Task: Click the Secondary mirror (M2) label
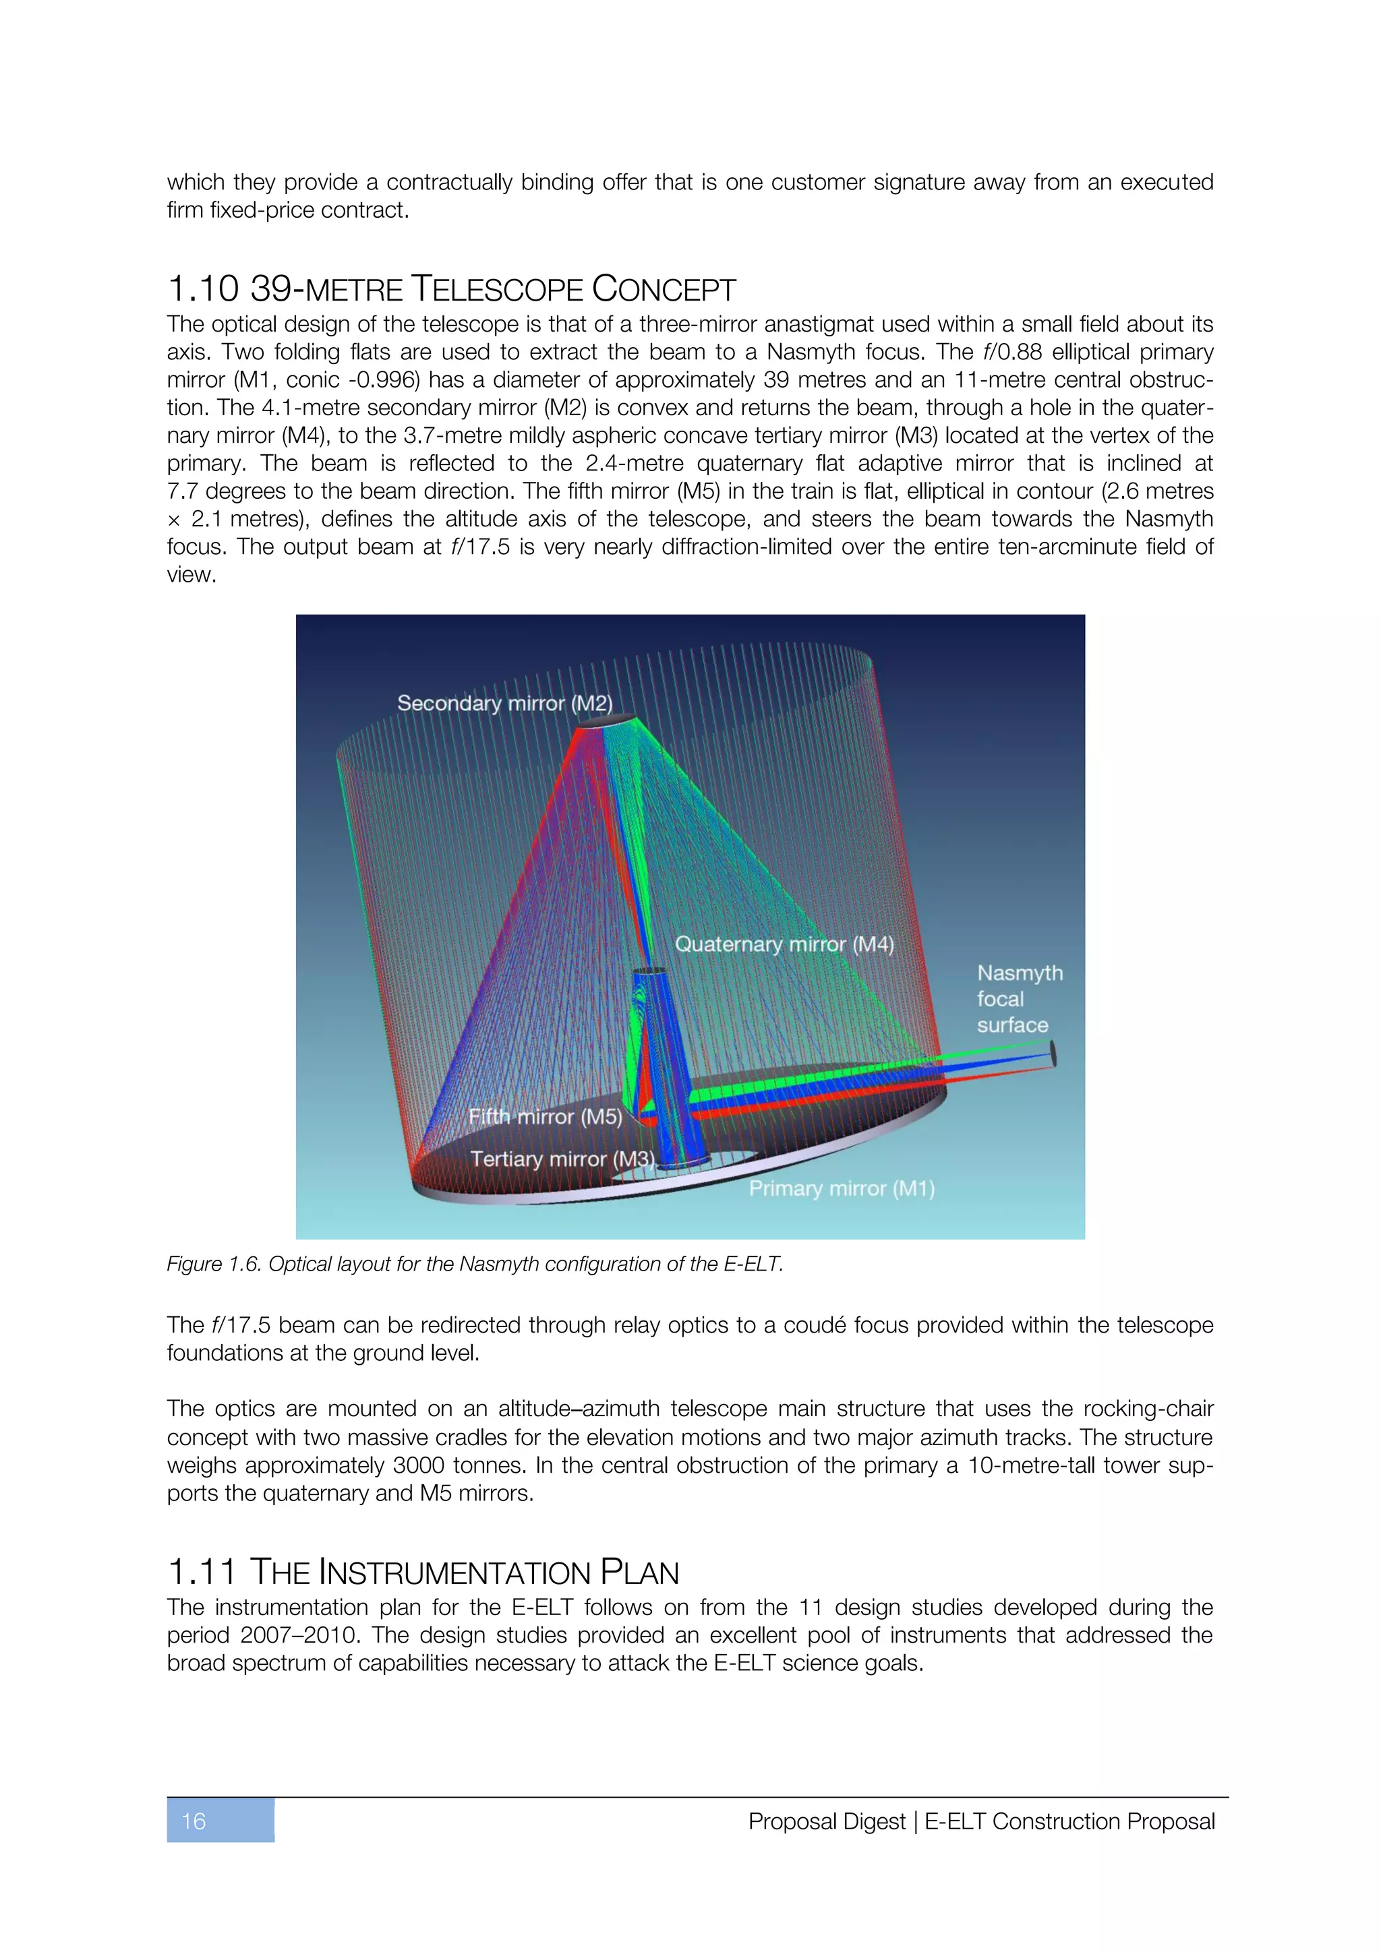tap(504, 703)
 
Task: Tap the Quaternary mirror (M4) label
tap(784, 944)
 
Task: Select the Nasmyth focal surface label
tap(1019, 999)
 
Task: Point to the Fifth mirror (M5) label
tap(545, 1116)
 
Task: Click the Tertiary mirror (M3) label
tap(563, 1159)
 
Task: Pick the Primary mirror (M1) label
tap(841, 1188)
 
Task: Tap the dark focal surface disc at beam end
tap(1053, 1054)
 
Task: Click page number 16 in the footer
tap(194, 1821)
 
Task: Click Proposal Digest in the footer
tap(827, 1821)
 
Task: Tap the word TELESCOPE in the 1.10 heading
tap(496, 289)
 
